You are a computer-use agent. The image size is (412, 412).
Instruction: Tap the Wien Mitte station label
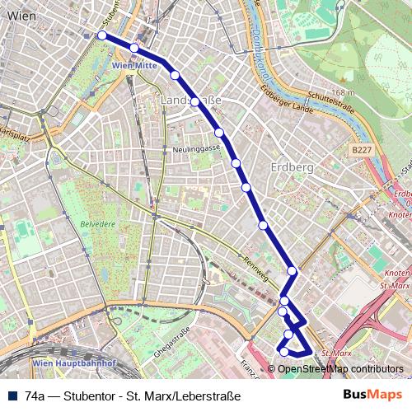pos(133,63)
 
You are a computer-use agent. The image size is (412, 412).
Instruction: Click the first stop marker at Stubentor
pos(101,35)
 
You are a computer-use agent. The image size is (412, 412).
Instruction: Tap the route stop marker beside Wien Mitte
pos(133,48)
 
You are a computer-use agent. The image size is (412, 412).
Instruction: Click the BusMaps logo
pos(368,395)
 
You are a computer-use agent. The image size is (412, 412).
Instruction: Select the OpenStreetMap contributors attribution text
pos(340,369)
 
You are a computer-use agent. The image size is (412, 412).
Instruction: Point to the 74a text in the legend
pos(34,396)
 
